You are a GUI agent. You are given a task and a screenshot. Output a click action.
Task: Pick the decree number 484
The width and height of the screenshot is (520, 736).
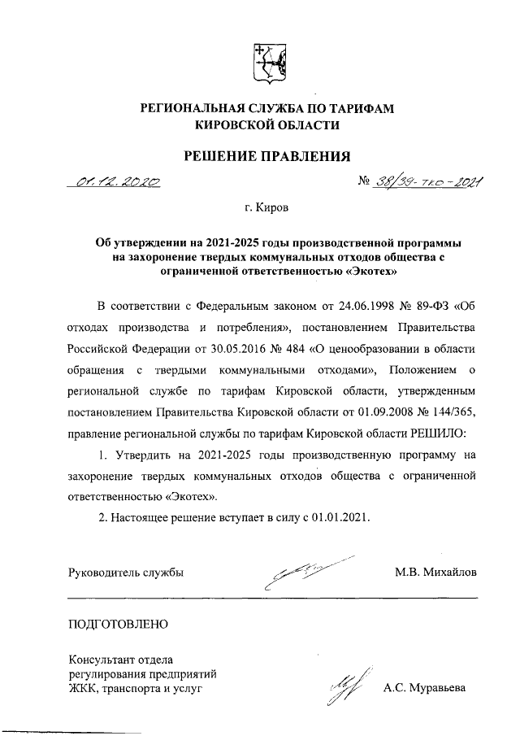point(292,348)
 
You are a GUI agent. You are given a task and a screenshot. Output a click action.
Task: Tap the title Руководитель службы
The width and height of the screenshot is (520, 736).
point(126,572)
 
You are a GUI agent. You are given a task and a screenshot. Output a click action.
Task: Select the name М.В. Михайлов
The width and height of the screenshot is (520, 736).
point(435,572)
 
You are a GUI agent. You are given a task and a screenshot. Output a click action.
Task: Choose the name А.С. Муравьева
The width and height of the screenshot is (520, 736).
point(424,689)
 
